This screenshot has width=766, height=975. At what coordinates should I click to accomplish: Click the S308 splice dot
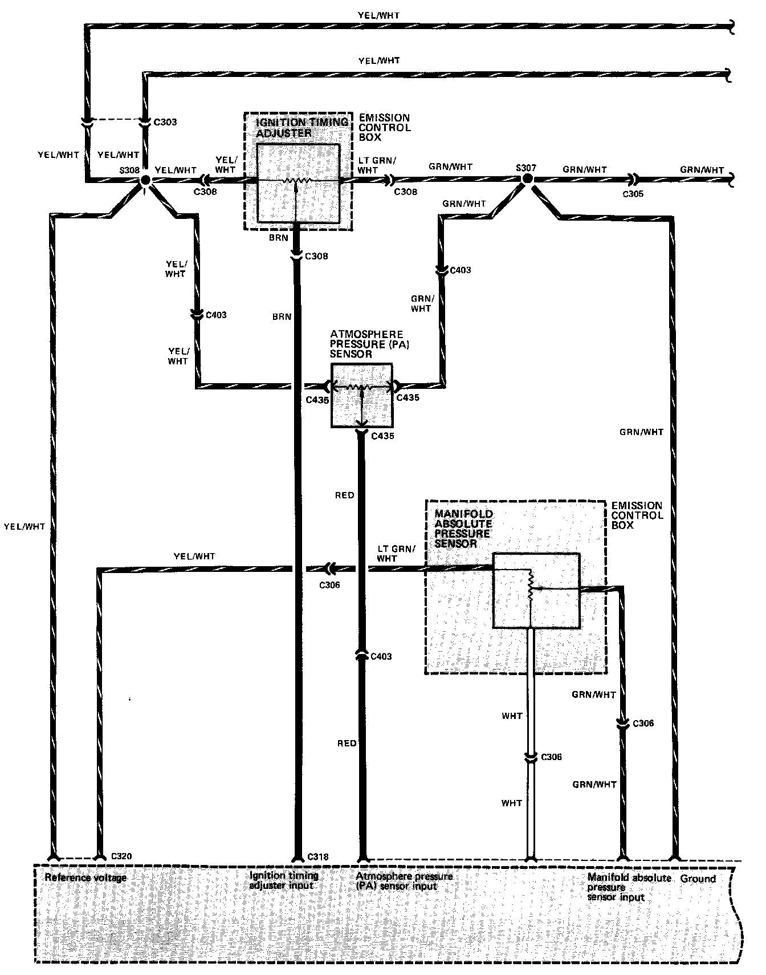click(x=145, y=180)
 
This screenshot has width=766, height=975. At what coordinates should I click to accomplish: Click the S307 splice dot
click(x=528, y=179)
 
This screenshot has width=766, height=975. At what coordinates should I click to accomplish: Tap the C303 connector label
click(x=165, y=122)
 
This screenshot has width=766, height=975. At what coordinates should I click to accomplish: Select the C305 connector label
click(x=633, y=194)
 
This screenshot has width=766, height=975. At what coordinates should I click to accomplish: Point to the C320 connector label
click(x=121, y=856)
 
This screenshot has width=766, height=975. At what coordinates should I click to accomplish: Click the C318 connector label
click(x=318, y=856)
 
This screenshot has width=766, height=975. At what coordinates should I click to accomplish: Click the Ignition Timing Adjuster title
click(x=302, y=128)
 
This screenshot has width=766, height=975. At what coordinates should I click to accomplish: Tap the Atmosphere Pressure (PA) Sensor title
click(x=366, y=344)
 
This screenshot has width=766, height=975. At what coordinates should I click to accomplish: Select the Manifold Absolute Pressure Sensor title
click(x=463, y=529)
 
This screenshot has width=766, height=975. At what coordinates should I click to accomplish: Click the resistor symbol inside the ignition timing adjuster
click(x=298, y=181)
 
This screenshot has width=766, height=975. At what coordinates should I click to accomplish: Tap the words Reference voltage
click(x=85, y=877)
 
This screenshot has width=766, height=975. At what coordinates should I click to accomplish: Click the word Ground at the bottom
click(x=698, y=879)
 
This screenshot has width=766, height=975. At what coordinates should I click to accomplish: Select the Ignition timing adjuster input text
click(x=284, y=880)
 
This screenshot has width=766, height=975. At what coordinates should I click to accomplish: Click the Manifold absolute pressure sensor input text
click(x=629, y=887)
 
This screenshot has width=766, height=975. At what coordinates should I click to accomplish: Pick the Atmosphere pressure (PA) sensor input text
click(x=404, y=881)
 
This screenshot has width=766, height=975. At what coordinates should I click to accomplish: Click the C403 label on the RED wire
click(x=381, y=656)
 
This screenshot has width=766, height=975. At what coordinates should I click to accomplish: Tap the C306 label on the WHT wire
click(x=551, y=757)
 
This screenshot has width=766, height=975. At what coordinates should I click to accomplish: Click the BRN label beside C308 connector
click(x=279, y=238)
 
